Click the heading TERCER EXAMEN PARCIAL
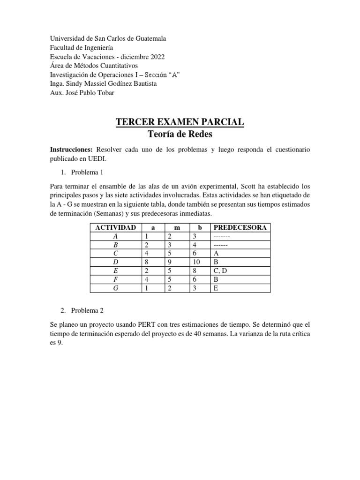(x=180, y=122)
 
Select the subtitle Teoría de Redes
(x=180, y=135)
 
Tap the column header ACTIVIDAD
(x=115, y=228)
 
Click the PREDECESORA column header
(x=240, y=228)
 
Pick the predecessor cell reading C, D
(x=222, y=270)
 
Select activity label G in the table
(x=115, y=288)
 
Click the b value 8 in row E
(x=195, y=270)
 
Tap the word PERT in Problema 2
(x=149, y=324)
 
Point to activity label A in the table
(x=115, y=236)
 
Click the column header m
(x=176, y=228)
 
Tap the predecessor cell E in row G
(x=216, y=288)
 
